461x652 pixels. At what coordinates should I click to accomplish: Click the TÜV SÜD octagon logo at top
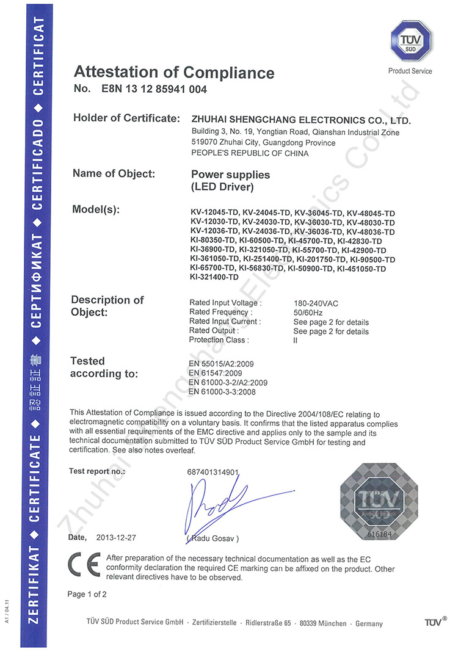(x=409, y=42)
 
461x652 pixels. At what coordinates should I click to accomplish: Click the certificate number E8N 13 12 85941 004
(x=151, y=90)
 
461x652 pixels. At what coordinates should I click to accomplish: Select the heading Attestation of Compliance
(x=174, y=73)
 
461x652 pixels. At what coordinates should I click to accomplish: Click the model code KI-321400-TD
(x=214, y=278)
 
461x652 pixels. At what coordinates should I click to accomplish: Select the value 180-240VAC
(x=316, y=303)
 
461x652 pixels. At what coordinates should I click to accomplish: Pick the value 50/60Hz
(x=308, y=312)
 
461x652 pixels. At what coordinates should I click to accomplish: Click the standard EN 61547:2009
(x=218, y=373)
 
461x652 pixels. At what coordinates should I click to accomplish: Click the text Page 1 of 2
(x=87, y=594)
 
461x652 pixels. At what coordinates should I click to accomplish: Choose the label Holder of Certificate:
(x=126, y=118)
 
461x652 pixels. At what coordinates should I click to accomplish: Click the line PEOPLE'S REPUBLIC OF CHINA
(x=250, y=153)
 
